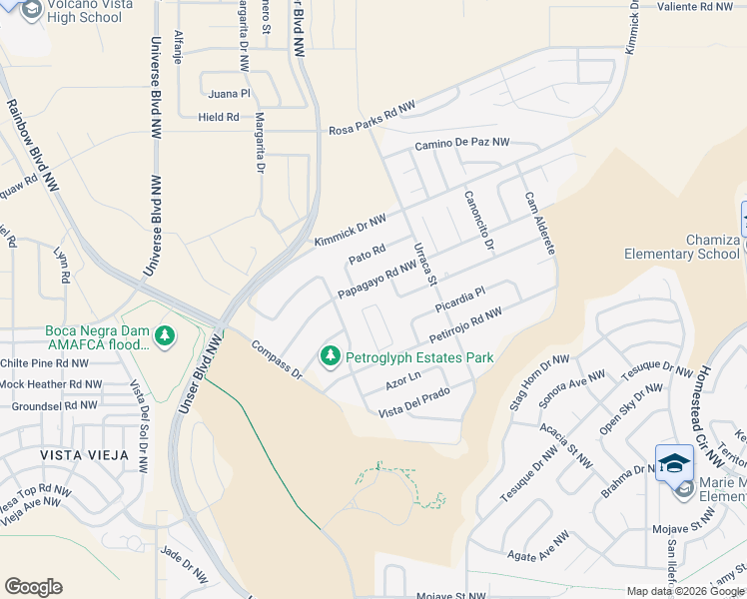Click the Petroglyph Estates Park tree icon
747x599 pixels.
(329, 355)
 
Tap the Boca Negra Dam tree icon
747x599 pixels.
(165, 337)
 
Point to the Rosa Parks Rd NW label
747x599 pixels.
(373, 119)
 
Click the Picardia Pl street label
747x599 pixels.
(459, 299)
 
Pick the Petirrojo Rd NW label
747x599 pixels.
(465, 329)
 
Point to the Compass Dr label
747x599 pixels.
(277, 360)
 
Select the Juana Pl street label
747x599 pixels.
(229, 94)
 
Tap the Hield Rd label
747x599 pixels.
(219, 117)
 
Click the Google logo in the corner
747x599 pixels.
(33, 587)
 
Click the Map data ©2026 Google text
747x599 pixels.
(685, 591)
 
